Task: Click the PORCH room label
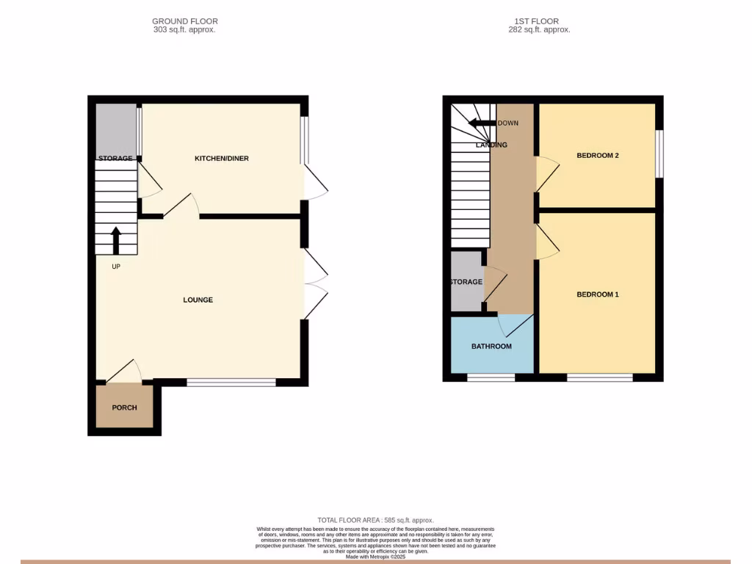click(x=124, y=408)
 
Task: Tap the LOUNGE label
click(x=198, y=300)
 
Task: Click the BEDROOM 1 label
click(x=597, y=294)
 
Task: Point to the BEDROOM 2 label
click(x=597, y=156)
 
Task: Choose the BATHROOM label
click(x=491, y=347)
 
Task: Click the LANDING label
click(x=491, y=145)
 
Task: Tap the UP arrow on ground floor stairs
click(x=116, y=240)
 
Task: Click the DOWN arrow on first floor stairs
click(x=482, y=123)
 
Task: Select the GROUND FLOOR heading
click(x=184, y=21)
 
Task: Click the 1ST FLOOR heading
click(x=539, y=21)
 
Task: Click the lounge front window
click(x=231, y=382)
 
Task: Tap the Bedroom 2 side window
click(x=659, y=153)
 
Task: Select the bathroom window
click(x=491, y=377)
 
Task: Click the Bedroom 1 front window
click(x=599, y=377)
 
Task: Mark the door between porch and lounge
click(x=126, y=372)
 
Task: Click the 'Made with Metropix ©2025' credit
click(x=375, y=557)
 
